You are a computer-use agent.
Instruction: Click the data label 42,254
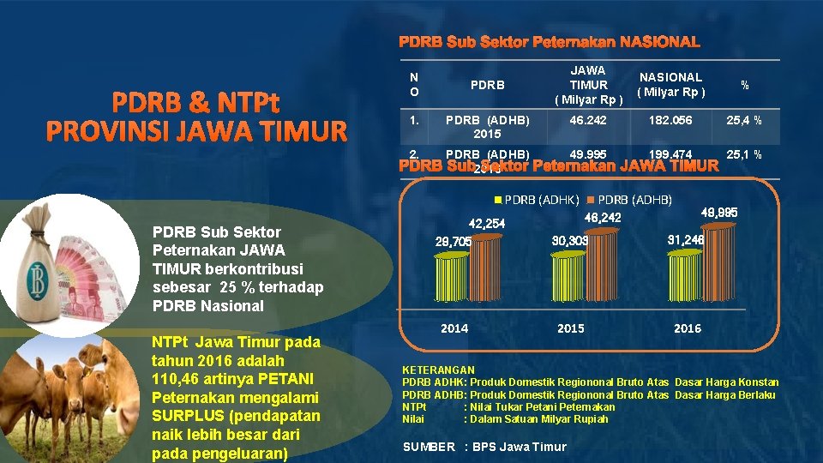[485, 224]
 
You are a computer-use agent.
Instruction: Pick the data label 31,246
[685, 240]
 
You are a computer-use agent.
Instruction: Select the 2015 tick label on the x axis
[570, 328]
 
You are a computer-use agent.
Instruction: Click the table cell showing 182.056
[670, 122]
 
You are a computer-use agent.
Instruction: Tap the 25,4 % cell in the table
[744, 122]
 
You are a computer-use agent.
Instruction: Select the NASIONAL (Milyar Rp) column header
[670, 85]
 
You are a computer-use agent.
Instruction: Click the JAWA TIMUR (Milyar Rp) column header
[588, 85]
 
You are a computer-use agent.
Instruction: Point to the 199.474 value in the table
[670, 154]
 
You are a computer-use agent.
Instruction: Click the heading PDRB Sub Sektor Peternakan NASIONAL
[549, 41]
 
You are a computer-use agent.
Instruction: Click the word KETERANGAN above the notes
[438, 370]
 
